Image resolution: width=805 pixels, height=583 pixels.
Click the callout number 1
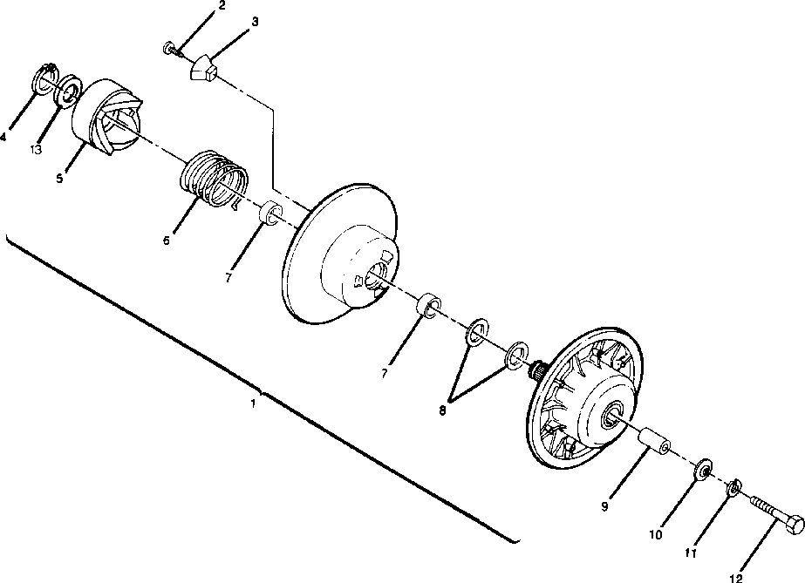(x=253, y=403)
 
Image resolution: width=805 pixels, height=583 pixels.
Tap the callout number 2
(x=222, y=6)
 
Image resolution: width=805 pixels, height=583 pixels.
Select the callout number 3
(x=254, y=22)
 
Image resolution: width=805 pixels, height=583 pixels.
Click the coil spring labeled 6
(x=215, y=179)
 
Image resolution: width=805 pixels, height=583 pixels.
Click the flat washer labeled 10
(x=702, y=471)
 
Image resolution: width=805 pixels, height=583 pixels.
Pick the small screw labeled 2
(x=172, y=48)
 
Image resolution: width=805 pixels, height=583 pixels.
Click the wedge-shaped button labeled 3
(x=206, y=68)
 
